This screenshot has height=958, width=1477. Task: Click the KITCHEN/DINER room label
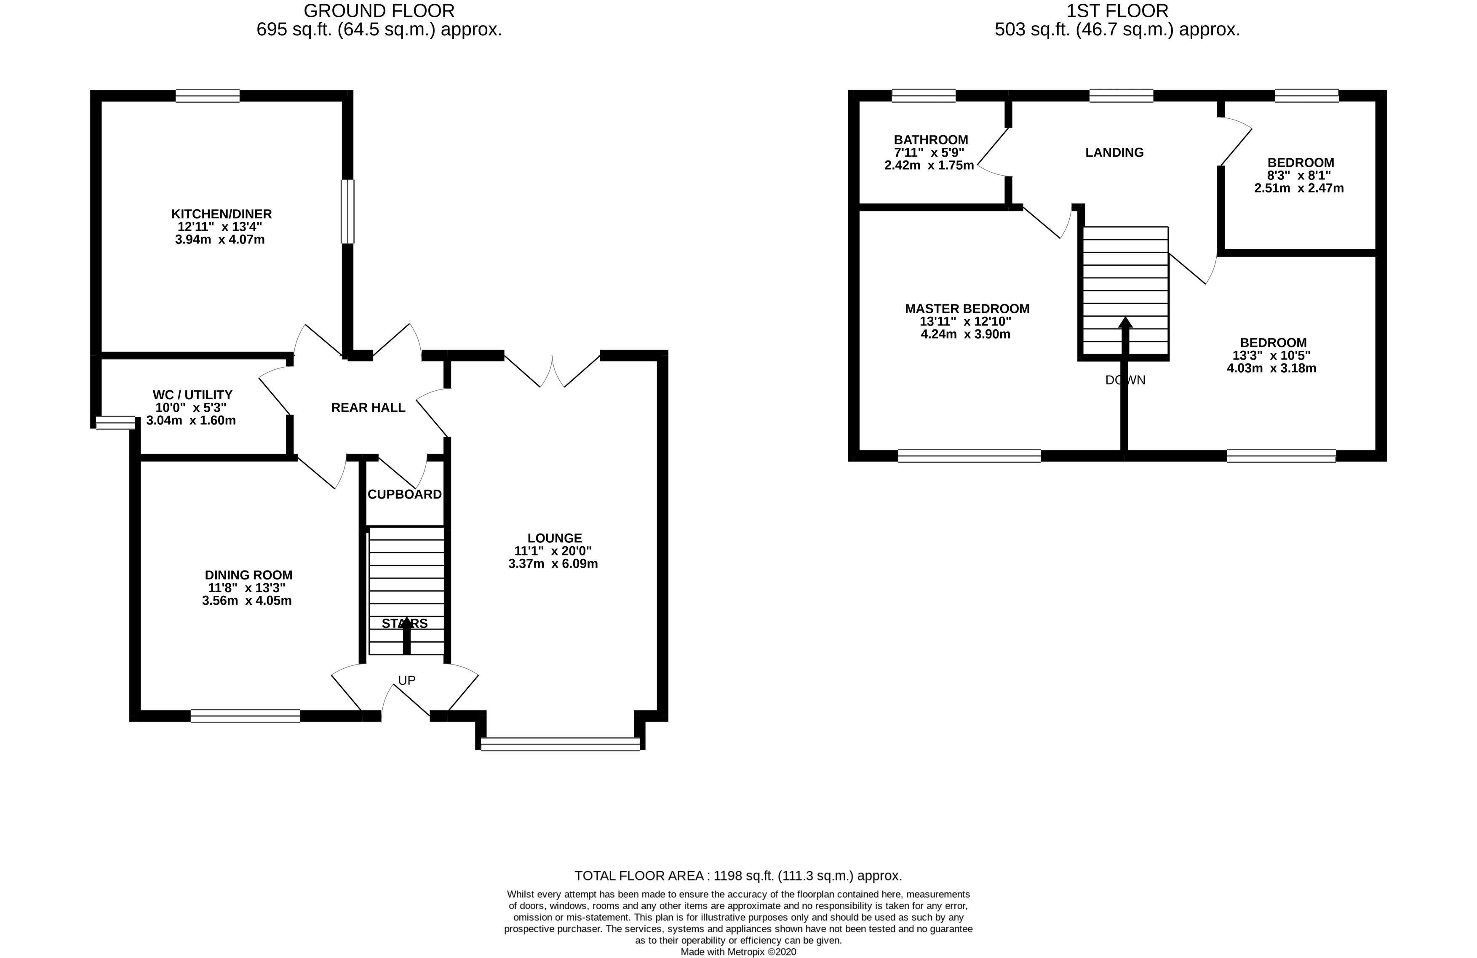coord(221,214)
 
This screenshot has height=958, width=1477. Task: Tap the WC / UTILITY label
coord(192,395)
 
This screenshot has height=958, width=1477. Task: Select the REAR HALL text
coord(368,408)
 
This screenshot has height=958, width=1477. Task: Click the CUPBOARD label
coord(405,494)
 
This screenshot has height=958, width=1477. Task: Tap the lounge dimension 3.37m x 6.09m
coord(553,564)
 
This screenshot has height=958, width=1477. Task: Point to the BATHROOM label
coord(930,140)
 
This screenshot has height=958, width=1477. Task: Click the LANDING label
coord(1114,152)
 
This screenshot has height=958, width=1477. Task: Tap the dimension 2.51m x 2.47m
coord(1298,188)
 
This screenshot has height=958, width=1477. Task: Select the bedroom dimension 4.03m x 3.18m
coord(1271,368)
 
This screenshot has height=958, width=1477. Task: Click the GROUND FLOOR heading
coord(379,11)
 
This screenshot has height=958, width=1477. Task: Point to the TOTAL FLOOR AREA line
coord(738,875)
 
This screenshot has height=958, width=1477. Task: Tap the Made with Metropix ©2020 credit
coord(738,952)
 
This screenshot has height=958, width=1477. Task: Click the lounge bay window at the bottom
coord(560,744)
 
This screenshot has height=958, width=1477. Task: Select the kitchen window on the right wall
coord(347,211)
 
